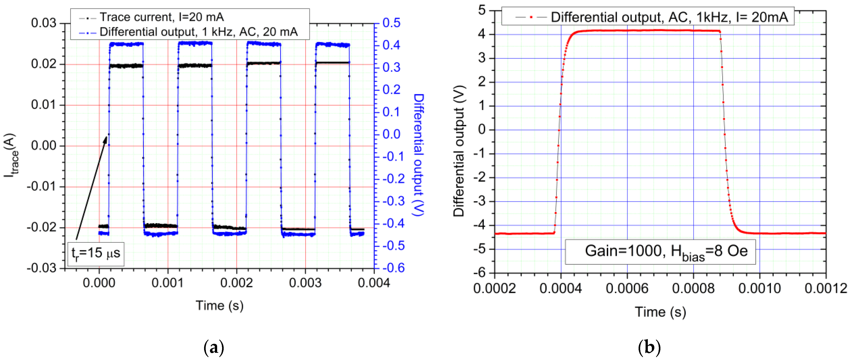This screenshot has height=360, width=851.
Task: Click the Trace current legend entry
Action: (x=162, y=17)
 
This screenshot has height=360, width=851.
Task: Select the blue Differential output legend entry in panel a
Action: (x=198, y=32)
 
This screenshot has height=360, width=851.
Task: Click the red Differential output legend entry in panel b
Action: (x=669, y=17)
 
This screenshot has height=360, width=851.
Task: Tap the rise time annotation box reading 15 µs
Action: (x=96, y=254)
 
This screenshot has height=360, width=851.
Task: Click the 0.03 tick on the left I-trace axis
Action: (x=44, y=23)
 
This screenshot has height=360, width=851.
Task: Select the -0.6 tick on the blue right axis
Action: (x=394, y=268)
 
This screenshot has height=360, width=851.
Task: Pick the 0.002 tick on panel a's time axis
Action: (x=236, y=283)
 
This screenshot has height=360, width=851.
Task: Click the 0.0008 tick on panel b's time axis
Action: (x=693, y=288)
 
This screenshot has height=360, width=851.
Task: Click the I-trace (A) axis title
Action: (x=11, y=155)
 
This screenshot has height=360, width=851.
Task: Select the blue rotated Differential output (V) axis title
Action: (x=419, y=155)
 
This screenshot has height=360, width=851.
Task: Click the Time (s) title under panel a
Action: (x=219, y=306)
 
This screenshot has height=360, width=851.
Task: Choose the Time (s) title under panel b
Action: (x=660, y=312)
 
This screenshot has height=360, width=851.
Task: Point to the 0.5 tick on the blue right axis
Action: (x=392, y=23)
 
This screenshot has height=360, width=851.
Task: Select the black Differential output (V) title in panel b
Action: (x=459, y=151)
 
